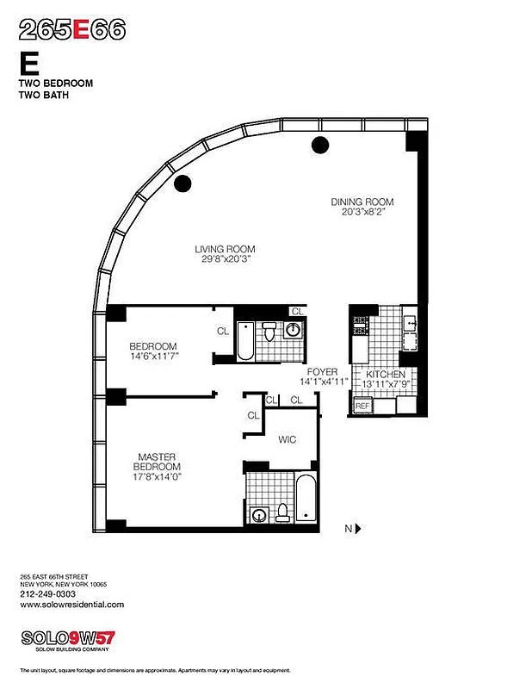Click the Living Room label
pyautogui.click(x=224, y=250)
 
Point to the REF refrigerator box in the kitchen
pyautogui.click(x=362, y=405)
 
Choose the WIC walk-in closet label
pyautogui.click(x=288, y=440)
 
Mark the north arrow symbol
pyautogui.click(x=356, y=528)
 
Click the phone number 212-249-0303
pyautogui.click(x=47, y=593)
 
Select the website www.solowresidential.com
pyautogui.click(x=71, y=605)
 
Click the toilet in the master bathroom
pyautogui.click(x=281, y=513)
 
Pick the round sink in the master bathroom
pyautogui.click(x=258, y=515)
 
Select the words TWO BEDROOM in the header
pyautogui.click(x=55, y=84)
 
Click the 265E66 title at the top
pyautogui.click(x=72, y=30)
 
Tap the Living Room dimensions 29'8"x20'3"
pyautogui.click(x=224, y=261)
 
